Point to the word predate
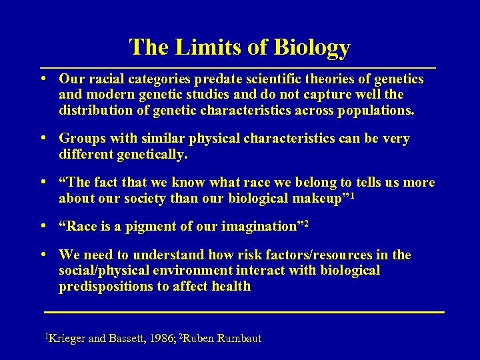pyautogui.click(x=217, y=79)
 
